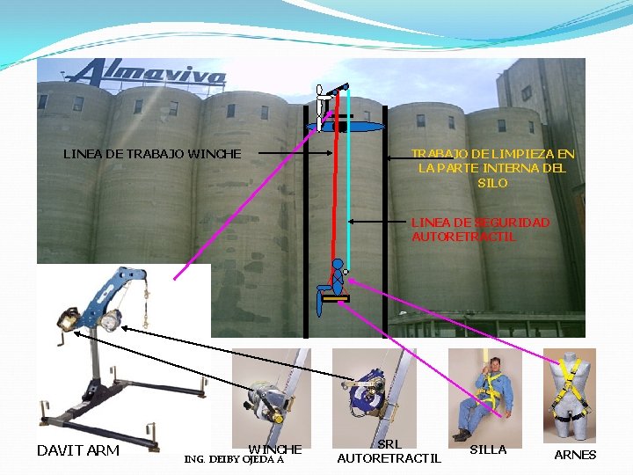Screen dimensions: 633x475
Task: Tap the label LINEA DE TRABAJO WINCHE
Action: pyautogui.click(x=151, y=154)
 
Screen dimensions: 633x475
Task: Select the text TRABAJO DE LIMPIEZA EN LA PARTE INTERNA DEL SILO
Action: pyautogui.click(x=492, y=168)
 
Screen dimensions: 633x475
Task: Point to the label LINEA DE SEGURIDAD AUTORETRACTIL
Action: pyautogui.click(x=480, y=230)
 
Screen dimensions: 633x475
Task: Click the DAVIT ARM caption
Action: pyautogui.click(x=78, y=451)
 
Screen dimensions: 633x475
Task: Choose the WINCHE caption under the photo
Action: pyautogui.click(x=274, y=449)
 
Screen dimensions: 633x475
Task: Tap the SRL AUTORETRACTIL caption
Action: pyautogui.click(x=389, y=452)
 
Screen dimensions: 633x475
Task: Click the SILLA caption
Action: pyautogui.click(x=488, y=449)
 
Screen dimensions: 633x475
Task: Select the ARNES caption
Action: pyautogui.click(x=575, y=455)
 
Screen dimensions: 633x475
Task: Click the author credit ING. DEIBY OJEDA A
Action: pyautogui.click(x=234, y=459)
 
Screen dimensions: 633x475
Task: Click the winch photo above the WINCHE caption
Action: pyautogui.click(x=270, y=392)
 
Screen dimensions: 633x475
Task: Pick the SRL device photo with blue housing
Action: pyautogui.click(x=374, y=391)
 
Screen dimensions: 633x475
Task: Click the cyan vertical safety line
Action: pyautogui.click(x=348, y=194)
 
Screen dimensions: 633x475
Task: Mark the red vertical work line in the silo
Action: pyautogui.click(x=333, y=194)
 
